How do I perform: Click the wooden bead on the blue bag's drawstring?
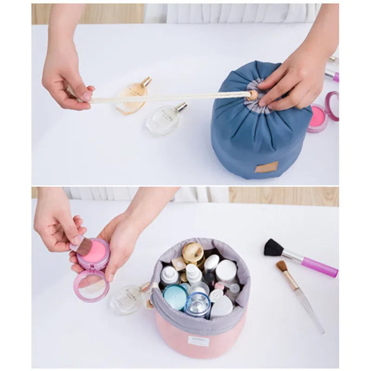click(x=252, y=96)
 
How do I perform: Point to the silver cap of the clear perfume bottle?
click(x=181, y=107)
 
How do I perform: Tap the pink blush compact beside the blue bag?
click(x=318, y=118)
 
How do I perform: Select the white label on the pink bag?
click(x=198, y=341)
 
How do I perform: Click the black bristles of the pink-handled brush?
click(x=273, y=248)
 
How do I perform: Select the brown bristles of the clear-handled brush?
click(x=281, y=266)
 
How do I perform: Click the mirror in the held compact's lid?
click(x=92, y=285)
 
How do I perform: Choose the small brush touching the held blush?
click(x=83, y=246)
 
